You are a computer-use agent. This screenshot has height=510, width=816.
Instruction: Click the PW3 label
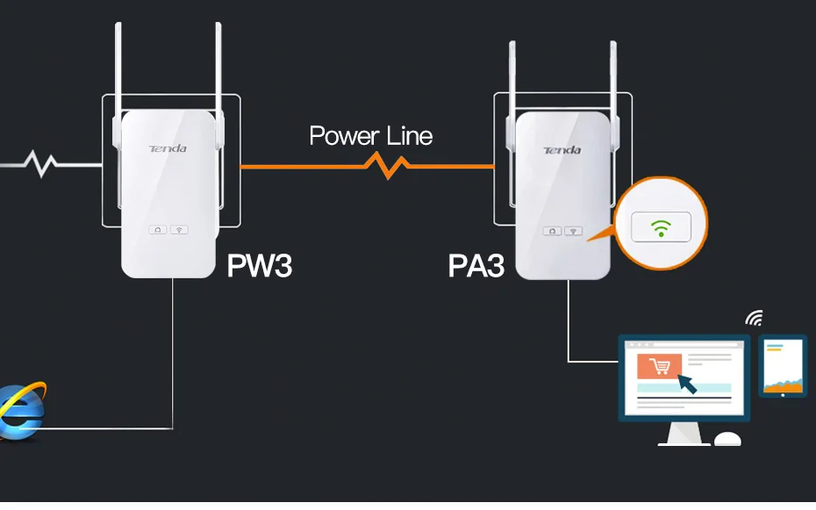(x=259, y=265)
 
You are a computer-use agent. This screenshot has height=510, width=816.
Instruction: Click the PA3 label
(x=476, y=265)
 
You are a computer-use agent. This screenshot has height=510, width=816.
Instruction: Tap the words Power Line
(x=370, y=136)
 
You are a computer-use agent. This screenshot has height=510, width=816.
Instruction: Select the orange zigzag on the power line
(x=387, y=166)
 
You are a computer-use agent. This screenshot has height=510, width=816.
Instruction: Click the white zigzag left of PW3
(x=41, y=163)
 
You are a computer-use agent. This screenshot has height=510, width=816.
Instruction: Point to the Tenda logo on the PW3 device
(x=168, y=149)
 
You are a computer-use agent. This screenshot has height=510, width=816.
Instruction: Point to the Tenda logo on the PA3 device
(x=562, y=150)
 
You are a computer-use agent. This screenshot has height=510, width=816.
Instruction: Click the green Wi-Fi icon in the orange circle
(x=661, y=228)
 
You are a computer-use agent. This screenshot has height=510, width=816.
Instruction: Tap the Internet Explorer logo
(x=22, y=411)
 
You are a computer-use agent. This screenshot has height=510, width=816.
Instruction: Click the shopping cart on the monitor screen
(x=660, y=366)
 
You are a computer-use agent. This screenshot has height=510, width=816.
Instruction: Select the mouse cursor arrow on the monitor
(x=687, y=384)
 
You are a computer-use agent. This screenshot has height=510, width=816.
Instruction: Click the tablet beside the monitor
(x=782, y=366)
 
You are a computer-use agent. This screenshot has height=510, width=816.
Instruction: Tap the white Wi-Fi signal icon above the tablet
(x=755, y=318)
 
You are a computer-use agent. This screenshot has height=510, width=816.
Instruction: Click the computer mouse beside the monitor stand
(x=727, y=439)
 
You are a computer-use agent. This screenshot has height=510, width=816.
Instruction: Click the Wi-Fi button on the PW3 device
(x=179, y=229)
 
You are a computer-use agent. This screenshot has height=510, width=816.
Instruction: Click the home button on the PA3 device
(x=552, y=231)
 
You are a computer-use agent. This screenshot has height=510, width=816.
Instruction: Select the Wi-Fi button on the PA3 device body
(x=574, y=231)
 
